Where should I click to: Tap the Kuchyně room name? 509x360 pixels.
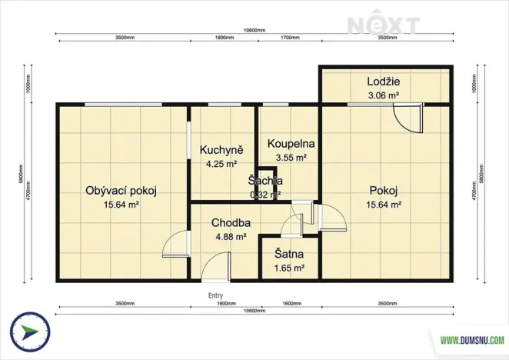[221, 150]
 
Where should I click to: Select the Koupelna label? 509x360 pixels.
[291, 144]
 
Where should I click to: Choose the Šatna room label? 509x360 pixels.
[289, 254]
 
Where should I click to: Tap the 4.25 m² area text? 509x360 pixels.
[221, 164]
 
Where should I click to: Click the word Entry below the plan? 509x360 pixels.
[216, 295]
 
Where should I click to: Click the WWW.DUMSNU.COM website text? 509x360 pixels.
[472, 338]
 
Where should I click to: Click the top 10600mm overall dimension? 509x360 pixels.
[254, 31]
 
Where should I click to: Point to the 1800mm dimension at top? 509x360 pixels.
[225, 38]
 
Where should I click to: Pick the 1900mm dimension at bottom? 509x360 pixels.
[227, 304]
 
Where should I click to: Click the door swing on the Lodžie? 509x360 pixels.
[406, 118]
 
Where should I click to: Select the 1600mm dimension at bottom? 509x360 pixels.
[292, 304]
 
